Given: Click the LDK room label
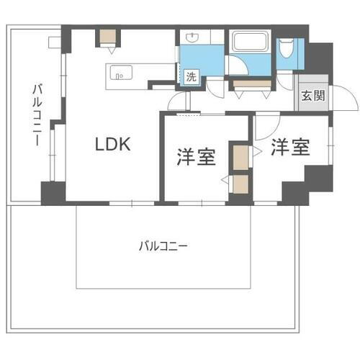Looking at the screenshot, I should (113, 144).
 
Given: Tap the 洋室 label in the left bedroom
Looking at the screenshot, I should (197, 158).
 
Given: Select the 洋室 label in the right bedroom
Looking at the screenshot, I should (290, 147).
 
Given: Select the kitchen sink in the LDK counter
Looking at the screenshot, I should (119, 72).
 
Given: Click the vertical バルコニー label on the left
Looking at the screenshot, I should (35, 115).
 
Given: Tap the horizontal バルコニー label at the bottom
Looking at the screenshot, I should (163, 246).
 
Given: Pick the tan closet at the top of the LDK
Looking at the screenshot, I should (109, 37).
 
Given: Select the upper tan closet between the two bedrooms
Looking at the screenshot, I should (238, 154).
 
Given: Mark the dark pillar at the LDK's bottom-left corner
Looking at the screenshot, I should (52, 192).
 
